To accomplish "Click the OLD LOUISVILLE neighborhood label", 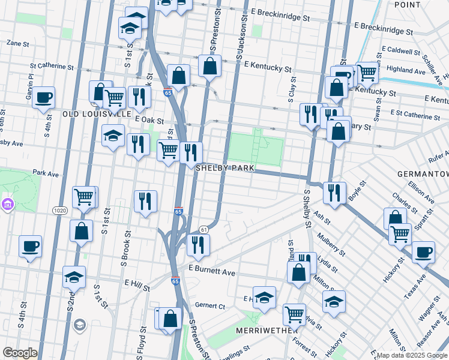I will point(97,113).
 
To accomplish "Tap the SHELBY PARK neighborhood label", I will point(226,169).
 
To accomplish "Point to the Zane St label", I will point(18,43).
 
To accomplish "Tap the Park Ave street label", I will point(46,173).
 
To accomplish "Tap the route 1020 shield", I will point(59,211).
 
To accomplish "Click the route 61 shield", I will point(204,229).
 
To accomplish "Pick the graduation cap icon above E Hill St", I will point(74,277).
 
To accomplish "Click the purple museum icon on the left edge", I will point(7,205).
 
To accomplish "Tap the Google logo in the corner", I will point(20,353).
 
